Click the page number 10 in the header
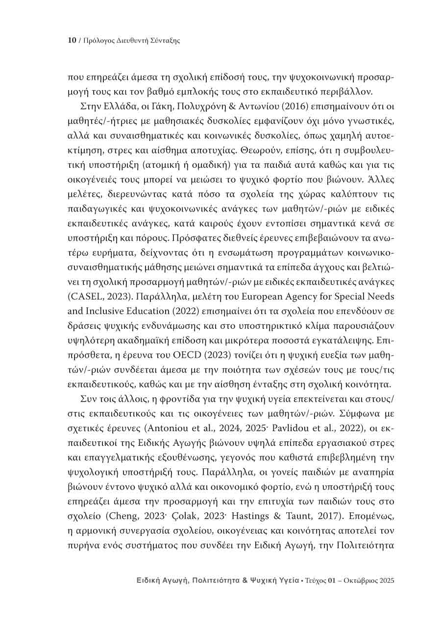71,41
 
